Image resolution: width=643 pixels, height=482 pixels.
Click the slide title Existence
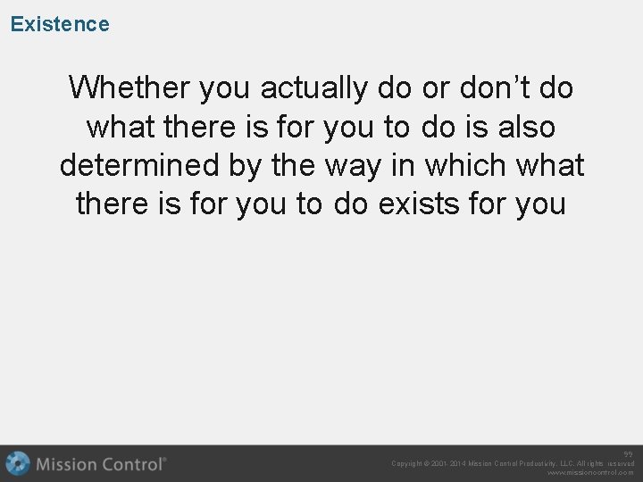coord(60,24)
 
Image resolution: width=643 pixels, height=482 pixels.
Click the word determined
coord(142,165)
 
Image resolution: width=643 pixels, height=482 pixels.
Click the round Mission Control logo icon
coord(18,464)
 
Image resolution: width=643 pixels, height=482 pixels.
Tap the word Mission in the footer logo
coord(68,464)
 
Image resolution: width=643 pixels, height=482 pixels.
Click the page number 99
coord(628,453)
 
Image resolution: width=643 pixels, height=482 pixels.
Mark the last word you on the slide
coord(537,204)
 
